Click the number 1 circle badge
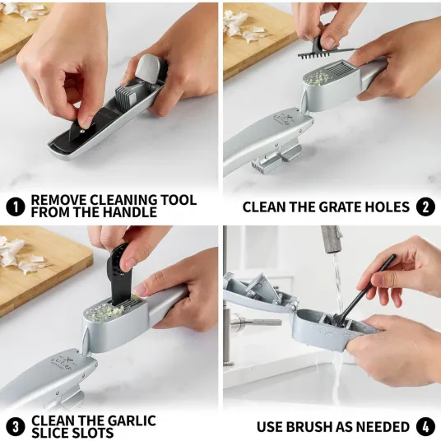[16, 207]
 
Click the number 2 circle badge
[425, 207]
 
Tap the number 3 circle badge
[16, 427]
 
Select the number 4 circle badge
[425, 427]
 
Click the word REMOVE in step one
[58, 200]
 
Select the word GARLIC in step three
[132, 420]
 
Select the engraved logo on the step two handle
[282, 120]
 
